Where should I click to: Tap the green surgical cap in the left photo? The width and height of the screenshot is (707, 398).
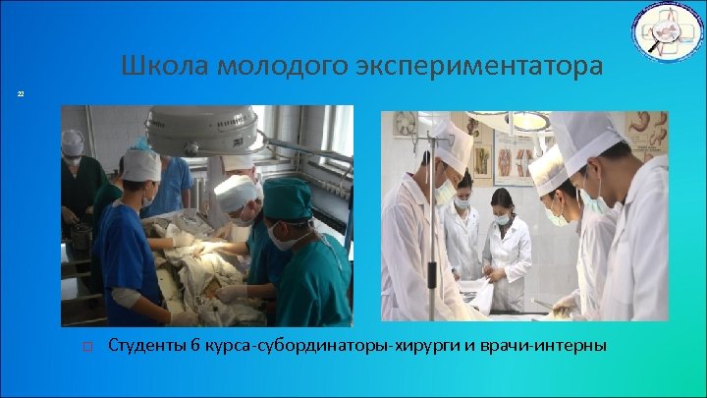click(x=287, y=198)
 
